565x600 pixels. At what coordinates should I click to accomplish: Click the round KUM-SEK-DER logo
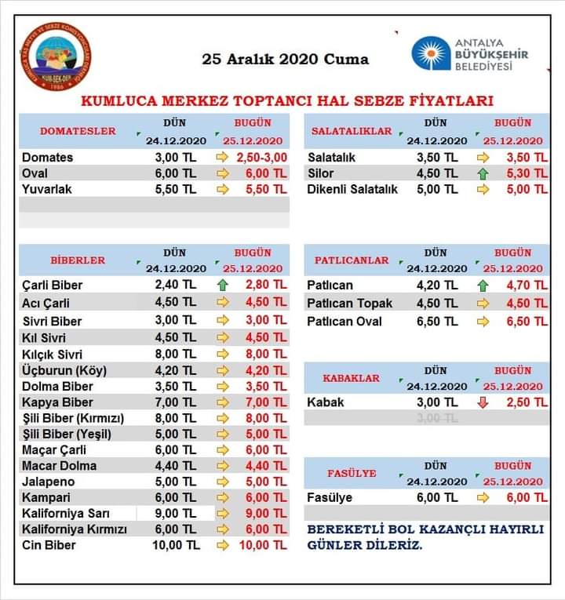click(56, 56)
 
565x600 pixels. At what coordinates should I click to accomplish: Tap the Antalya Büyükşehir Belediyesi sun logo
click(431, 53)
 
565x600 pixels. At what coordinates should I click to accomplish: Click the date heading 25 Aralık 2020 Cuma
click(285, 59)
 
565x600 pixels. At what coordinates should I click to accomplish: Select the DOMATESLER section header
click(78, 131)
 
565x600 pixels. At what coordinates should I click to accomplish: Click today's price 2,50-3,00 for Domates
click(263, 158)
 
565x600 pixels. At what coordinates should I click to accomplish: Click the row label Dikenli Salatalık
click(352, 189)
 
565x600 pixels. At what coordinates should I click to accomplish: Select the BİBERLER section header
click(78, 260)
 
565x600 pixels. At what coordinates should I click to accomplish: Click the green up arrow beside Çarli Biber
click(222, 285)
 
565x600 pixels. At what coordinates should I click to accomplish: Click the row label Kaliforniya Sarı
click(65, 514)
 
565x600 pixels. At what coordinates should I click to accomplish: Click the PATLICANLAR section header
click(352, 260)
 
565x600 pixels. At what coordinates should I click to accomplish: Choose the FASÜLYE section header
click(352, 473)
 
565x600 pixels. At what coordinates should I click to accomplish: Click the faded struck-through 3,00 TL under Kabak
click(438, 418)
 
